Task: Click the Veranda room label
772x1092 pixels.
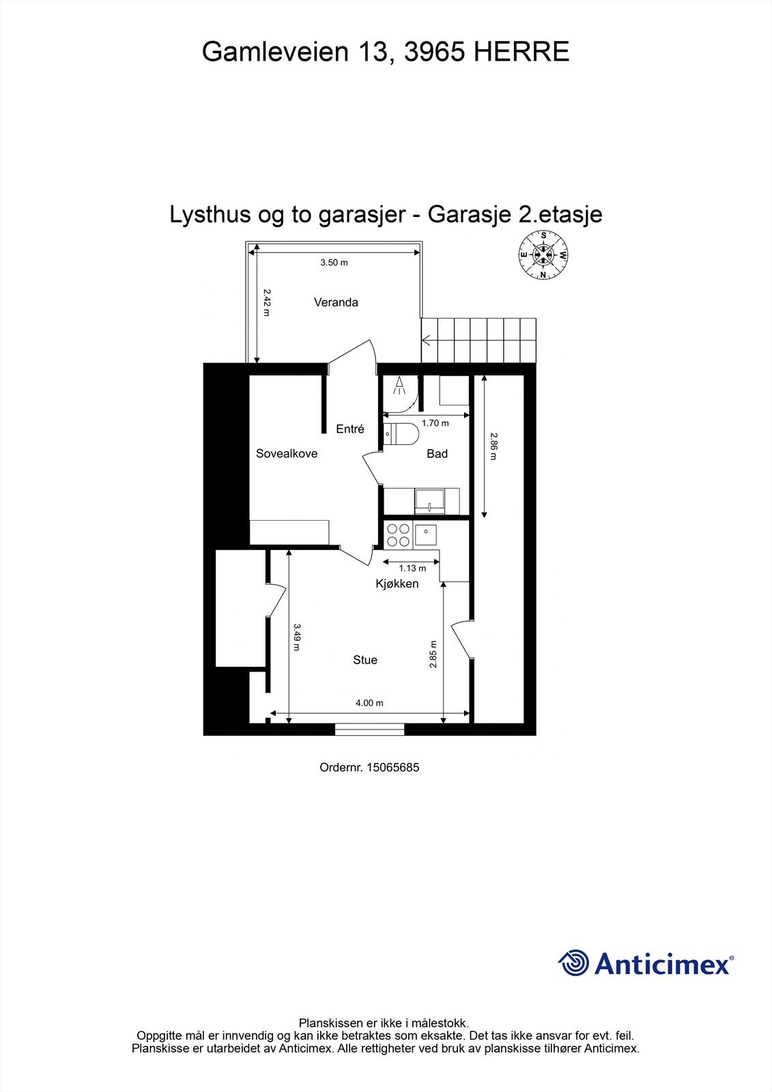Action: (336, 302)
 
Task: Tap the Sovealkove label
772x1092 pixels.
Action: (287, 453)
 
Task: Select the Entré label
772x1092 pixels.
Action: (350, 429)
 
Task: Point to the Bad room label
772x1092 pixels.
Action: (437, 453)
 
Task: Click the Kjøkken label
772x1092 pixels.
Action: (397, 584)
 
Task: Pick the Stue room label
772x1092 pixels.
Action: (365, 660)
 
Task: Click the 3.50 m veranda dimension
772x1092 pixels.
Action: (334, 263)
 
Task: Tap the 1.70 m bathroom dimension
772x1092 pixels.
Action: (435, 423)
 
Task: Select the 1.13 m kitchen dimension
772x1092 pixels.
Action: (412, 568)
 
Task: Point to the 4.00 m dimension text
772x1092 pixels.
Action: (369, 703)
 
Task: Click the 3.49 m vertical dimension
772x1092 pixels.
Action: (296, 637)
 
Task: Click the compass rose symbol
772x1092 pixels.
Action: (543, 255)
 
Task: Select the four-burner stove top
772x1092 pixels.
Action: (398, 534)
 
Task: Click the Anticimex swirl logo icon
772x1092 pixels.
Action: (573, 963)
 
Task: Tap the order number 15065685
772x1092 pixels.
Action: (392, 767)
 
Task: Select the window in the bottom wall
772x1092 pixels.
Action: (369, 730)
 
